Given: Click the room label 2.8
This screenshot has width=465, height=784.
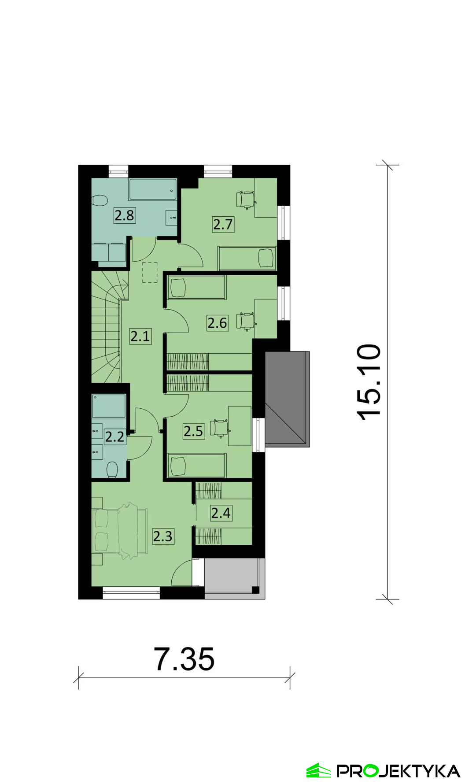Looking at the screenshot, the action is point(124,215).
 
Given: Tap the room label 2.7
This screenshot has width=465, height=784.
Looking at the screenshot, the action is point(223,224).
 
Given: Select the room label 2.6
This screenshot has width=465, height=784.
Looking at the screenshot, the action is point(218,323).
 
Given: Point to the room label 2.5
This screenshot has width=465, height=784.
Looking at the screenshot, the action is point(194,431).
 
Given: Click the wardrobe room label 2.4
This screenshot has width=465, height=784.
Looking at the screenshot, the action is point(221,513).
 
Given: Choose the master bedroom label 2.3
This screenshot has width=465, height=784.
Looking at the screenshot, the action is point(163,536).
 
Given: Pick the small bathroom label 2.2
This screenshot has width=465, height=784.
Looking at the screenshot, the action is point(114,436).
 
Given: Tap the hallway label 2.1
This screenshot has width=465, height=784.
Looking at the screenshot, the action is point(140,337).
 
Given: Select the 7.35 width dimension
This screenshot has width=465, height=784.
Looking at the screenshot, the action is point(184,659).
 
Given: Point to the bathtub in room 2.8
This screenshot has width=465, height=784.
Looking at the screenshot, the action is point(153,189).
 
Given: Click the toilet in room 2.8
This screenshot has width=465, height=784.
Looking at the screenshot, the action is point(100,201).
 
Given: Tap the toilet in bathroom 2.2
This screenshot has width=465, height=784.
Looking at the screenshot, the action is point(112,470).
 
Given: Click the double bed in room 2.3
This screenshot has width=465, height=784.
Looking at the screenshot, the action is point(119,531).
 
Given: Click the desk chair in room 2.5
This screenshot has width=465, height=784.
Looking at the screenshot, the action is point(219,428).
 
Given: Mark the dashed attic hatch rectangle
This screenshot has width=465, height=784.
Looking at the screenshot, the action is point(150,272).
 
